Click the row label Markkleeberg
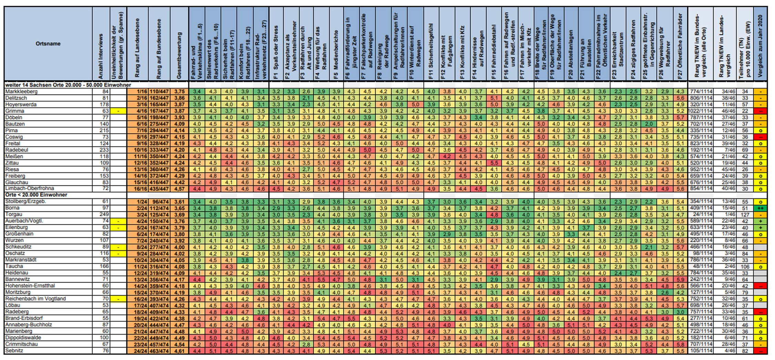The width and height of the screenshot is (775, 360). click(21, 92)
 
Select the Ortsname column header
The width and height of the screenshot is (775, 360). click(48, 44)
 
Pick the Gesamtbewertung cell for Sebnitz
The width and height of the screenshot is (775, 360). click(179, 351)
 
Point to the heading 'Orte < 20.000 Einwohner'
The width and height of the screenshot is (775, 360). click(36, 195)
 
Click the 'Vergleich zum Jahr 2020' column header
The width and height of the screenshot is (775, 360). click(760, 45)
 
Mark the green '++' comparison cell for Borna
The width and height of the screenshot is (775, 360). click(760, 208)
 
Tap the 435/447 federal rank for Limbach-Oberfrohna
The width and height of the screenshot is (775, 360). click(159, 189)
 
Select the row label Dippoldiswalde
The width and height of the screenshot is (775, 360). click(23, 338)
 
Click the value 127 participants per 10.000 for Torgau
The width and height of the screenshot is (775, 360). click(745, 215)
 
